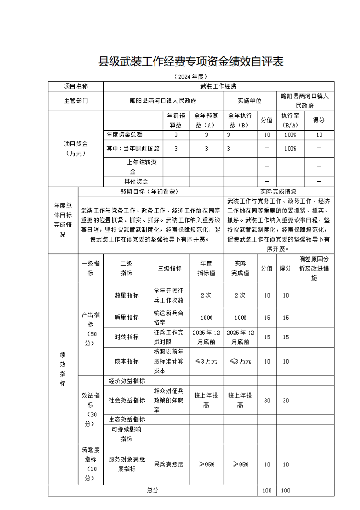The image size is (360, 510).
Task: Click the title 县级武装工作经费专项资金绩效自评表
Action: pyautogui.click(x=190, y=62)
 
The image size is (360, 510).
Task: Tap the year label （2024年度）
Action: pyautogui.click(x=190, y=76)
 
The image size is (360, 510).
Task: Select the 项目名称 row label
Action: pyautogui.click(x=76, y=86)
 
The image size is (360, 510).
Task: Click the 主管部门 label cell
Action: pyautogui.click(x=76, y=101)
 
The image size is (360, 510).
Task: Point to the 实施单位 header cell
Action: pyautogui.click(x=250, y=101)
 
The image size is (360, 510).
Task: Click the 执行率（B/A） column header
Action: pyautogui.click(x=290, y=120)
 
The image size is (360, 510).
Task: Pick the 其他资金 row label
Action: pyautogui.click(x=133, y=181)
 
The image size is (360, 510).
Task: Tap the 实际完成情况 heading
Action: pyautogui.click(x=278, y=192)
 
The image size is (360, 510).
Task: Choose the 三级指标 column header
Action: pyautogui.click(x=170, y=268)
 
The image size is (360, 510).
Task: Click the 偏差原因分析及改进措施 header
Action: pyautogui.click(x=314, y=268)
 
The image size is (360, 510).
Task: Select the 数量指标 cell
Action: pyautogui.click(x=126, y=295)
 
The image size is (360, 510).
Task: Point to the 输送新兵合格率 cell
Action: pyautogui.click(x=170, y=317)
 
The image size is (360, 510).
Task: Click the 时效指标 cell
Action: pyautogui.click(x=126, y=337)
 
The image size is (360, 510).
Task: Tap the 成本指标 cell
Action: pyautogui.click(x=126, y=361)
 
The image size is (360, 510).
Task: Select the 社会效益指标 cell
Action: pyautogui.click(x=126, y=400)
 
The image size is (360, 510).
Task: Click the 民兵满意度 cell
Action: pyautogui.click(x=170, y=465)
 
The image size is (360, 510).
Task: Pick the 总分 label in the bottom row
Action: pyautogui.click(x=153, y=490)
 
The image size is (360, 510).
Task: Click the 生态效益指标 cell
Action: pyautogui.click(x=126, y=419)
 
